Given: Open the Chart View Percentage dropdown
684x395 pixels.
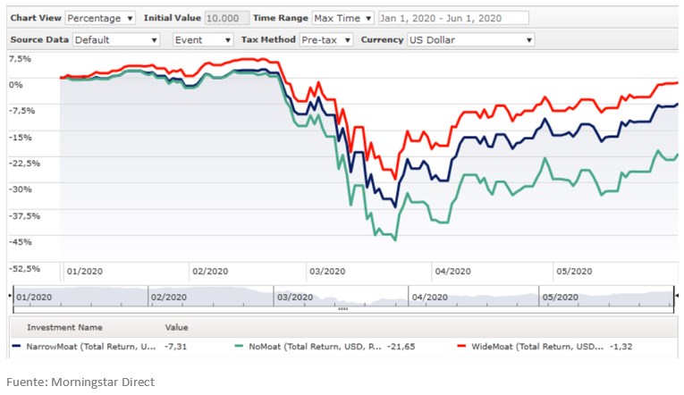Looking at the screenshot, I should (x=99, y=18).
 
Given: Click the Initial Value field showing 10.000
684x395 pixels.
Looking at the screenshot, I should (x=227, y=18).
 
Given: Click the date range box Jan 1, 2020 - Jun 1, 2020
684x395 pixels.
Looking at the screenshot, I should (x=452, y=18).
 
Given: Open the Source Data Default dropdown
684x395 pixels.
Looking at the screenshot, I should (x=116, y=39).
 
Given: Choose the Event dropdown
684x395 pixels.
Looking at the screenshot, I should (x=201, y=39).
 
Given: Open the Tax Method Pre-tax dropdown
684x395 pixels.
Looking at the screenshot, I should (x=326, y=39).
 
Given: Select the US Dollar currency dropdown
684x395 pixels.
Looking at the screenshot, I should (x=469, y=39).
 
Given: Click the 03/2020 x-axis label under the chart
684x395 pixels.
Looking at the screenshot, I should (x=326, y=272).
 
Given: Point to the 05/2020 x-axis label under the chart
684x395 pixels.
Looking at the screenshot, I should (x=574, y=272).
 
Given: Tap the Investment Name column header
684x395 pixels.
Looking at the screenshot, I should (x=64, y=327).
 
